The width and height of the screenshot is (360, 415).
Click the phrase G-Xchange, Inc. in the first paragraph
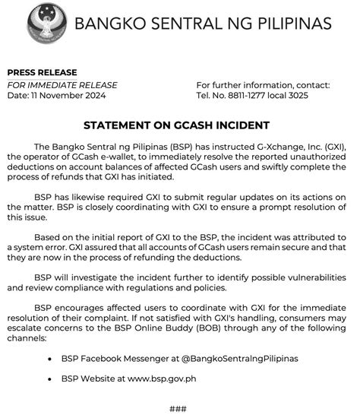coord(263,144)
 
